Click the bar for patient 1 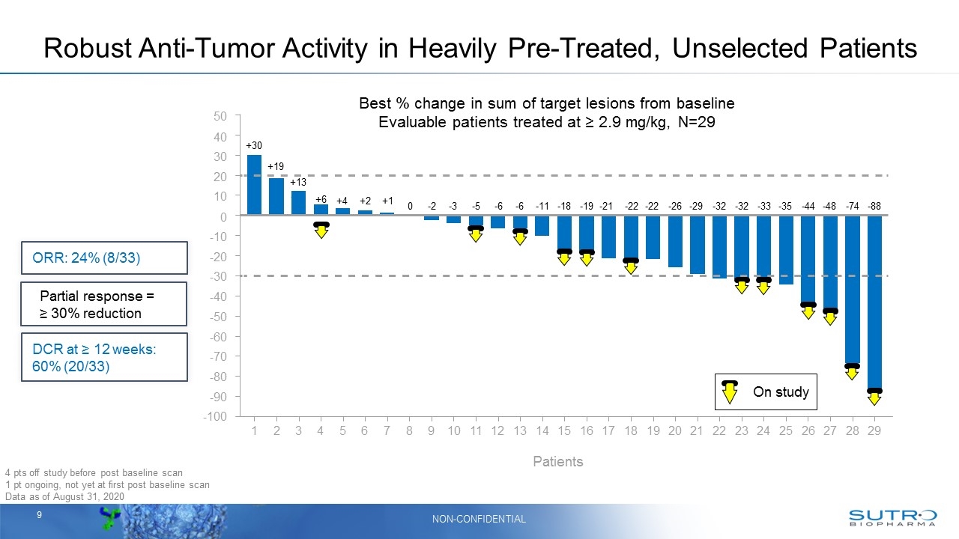click(x=254, y=185)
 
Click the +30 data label click(x=254, y=145)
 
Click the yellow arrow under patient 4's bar click(x=321, y=229)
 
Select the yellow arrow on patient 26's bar click(x=808, y=310)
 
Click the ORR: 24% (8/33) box click(x=103, y=258)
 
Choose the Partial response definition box click(x=103, y=304)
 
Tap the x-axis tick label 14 click(x=542, y=431)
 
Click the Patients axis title click(x=557, y=462)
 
